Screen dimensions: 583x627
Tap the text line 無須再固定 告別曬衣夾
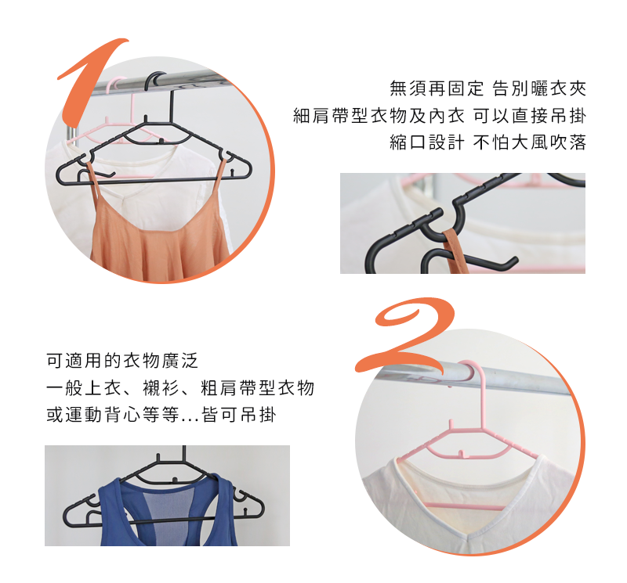[487, 88]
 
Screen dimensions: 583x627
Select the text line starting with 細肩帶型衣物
[439, 116]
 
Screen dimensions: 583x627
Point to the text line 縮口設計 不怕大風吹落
[487, 143]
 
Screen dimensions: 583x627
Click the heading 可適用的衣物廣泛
[123, 361]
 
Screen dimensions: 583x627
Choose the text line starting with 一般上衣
[180, 388]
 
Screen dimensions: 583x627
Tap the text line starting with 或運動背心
[161, 416]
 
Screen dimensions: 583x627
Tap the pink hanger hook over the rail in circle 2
[469, 373]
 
